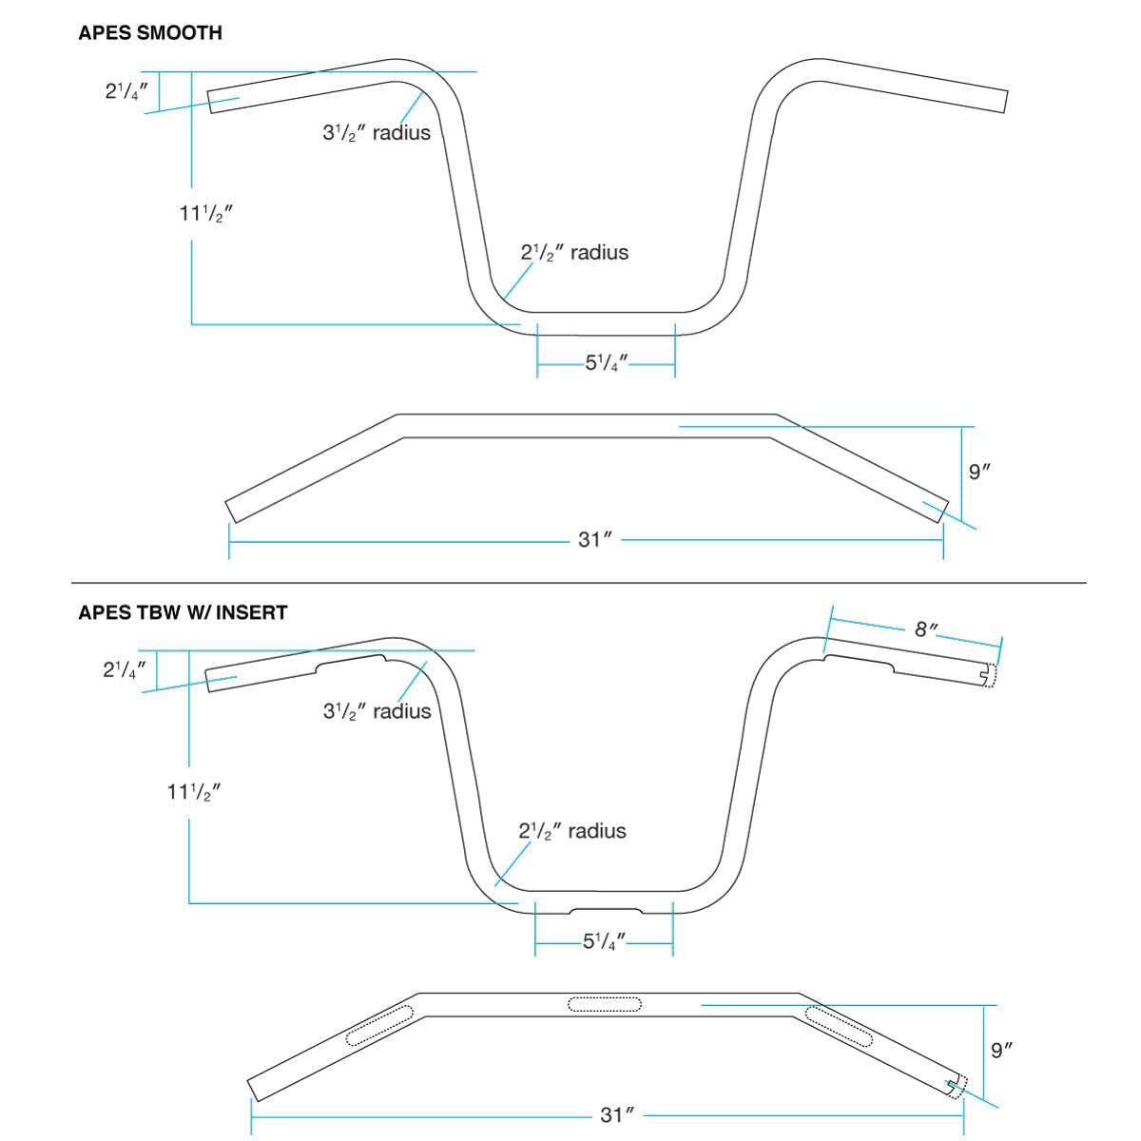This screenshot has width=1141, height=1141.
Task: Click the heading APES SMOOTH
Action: coord(150,33)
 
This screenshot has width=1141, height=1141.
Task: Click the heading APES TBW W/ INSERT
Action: coord(183,612)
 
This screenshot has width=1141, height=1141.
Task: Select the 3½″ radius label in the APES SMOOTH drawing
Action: coord(377,133)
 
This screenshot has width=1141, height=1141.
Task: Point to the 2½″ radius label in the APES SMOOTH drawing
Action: coord(574,253)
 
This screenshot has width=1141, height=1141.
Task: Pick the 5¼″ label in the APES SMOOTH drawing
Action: coord(607,363)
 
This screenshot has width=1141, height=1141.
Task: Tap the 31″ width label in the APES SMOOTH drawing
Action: coord(593,540)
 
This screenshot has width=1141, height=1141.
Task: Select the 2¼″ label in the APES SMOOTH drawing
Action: coord(126,92)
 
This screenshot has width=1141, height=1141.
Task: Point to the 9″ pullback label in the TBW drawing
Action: coord(1002,1051)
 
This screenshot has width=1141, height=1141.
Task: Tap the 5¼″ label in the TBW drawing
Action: coord(605,942)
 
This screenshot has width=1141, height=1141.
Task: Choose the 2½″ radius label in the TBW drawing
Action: coord(572,831)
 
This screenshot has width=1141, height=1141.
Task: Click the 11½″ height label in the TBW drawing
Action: coord(194,792)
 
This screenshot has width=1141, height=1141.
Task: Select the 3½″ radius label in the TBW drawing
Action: coord(377,711)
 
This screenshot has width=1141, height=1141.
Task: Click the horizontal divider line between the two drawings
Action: coord(578,582)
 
